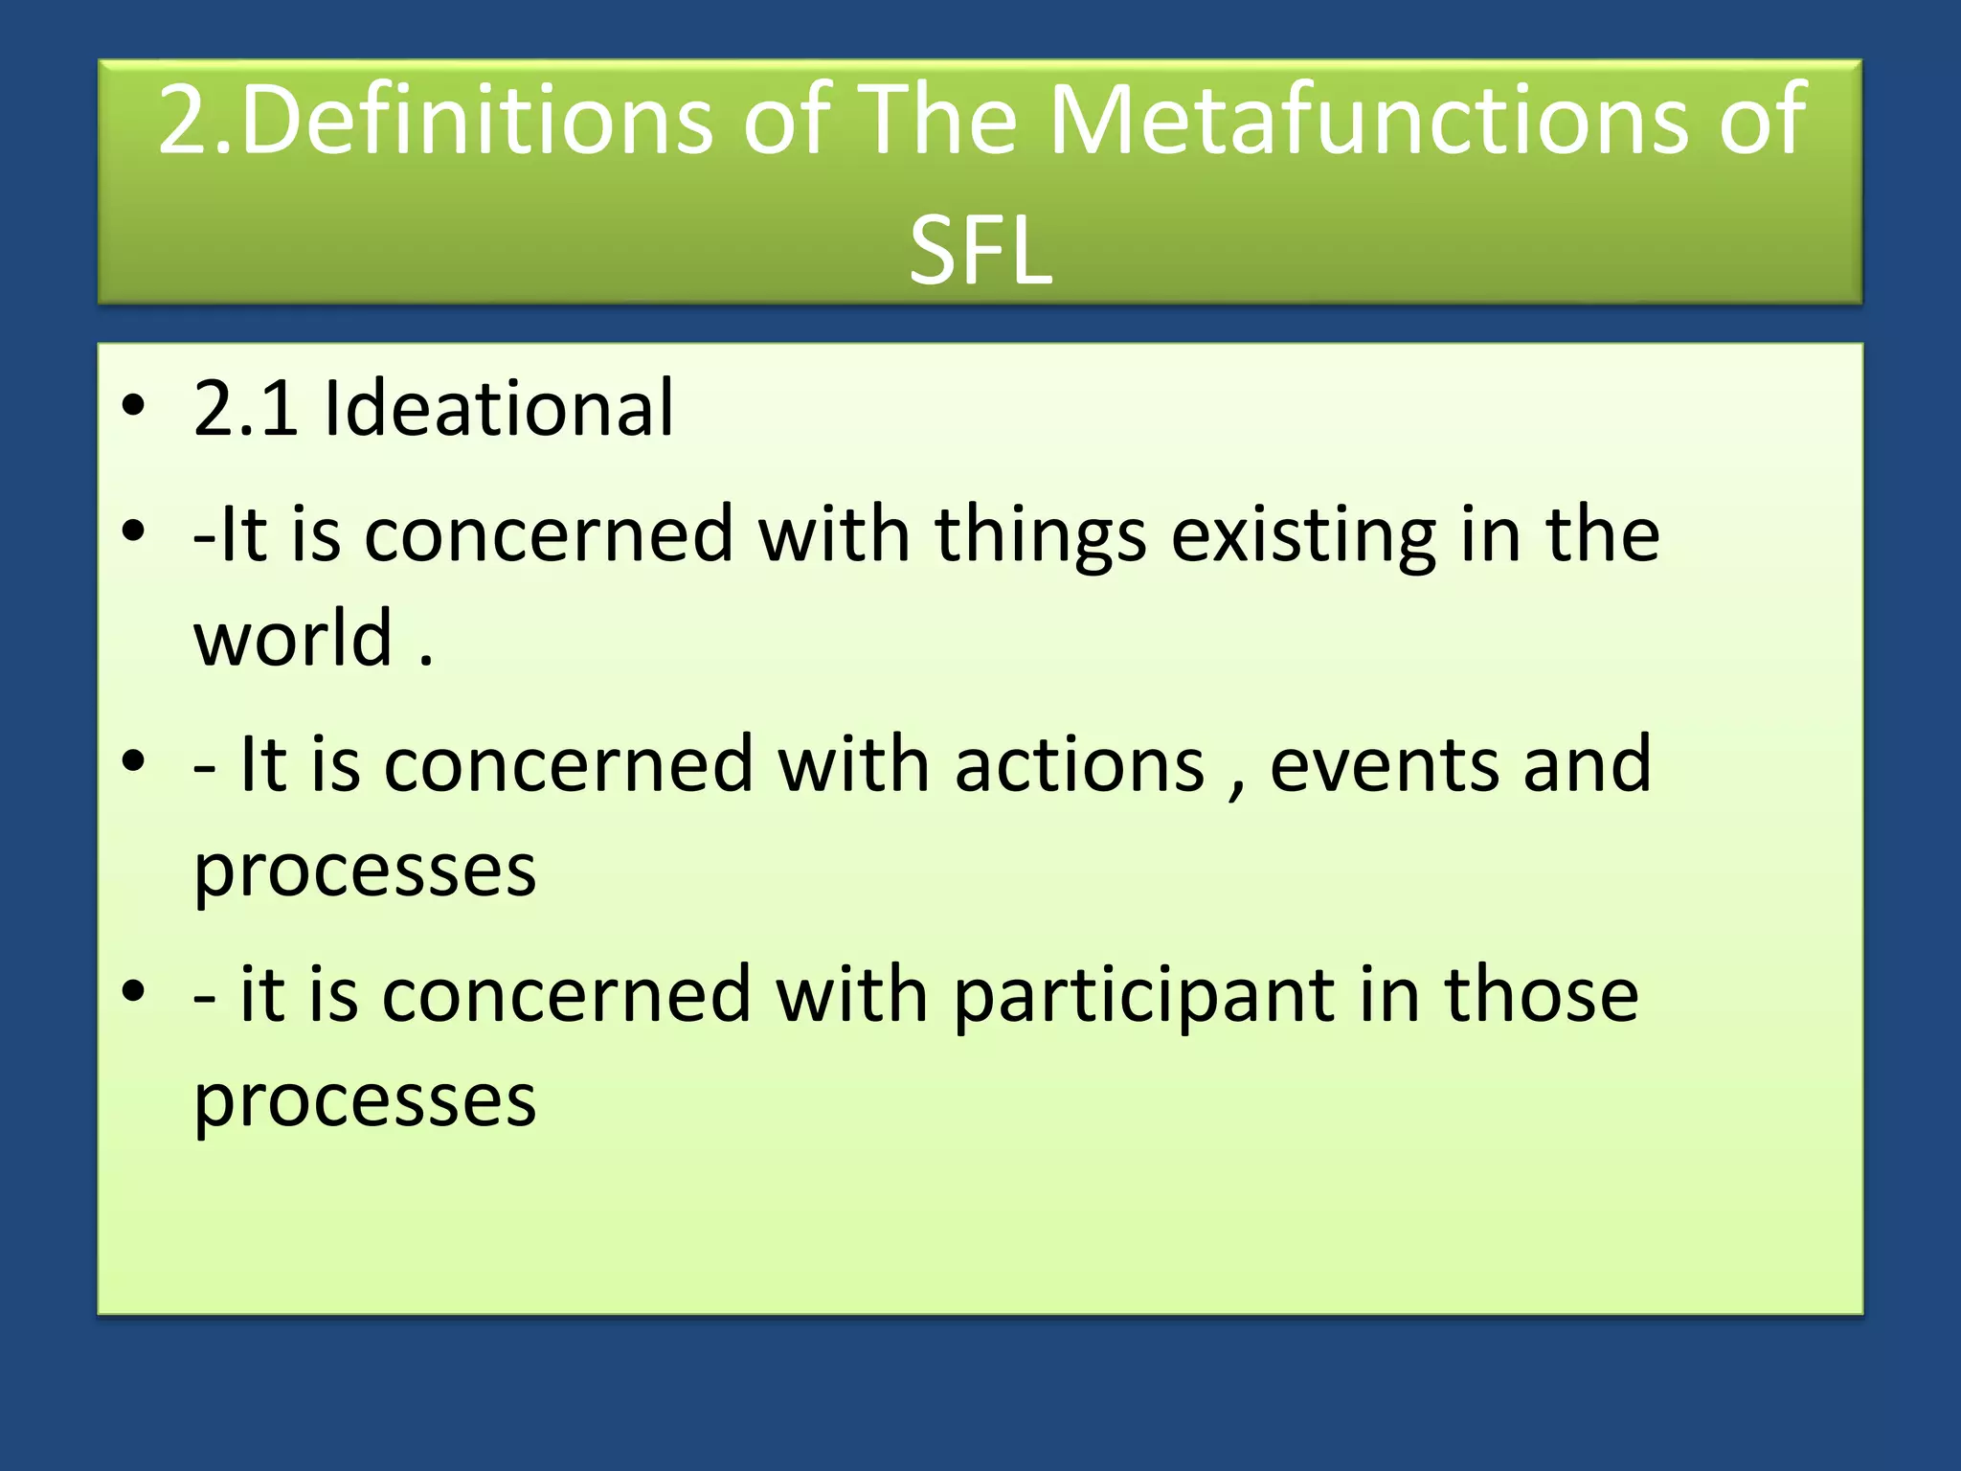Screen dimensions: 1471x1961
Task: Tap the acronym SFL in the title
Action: [980, 251]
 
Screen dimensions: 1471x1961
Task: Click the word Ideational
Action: [499, 409]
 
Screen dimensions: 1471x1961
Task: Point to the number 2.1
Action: [245, 409]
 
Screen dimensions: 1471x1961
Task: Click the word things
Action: [1040, 536]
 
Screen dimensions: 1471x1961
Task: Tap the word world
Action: [293, 639]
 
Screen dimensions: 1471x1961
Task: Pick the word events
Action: [1386, 766]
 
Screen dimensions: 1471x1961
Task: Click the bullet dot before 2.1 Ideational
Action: [134, 406]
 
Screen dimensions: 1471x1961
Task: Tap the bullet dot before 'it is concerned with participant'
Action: [134, 992]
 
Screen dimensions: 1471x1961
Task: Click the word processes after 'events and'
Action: [365, 871]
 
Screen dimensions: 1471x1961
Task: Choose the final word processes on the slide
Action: [365, 1101]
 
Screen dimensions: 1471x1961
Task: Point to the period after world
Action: [426, 661]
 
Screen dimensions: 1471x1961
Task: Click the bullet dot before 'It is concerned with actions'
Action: [134, 762]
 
